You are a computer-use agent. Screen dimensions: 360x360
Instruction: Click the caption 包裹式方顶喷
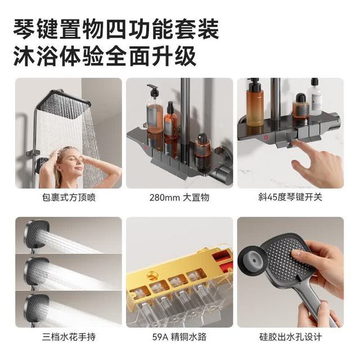coord(69,197)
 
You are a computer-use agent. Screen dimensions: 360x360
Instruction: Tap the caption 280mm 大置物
coord(179,197)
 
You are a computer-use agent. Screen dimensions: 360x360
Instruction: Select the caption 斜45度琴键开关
coord(290,197)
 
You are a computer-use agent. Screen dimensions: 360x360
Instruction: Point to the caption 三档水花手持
coord(69,337)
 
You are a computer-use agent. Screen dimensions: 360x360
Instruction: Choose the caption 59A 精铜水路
coord(179,337)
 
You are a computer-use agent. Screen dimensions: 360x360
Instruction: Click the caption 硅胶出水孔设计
coord(290,337)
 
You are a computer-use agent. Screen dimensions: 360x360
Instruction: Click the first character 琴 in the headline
coord(24,30)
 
